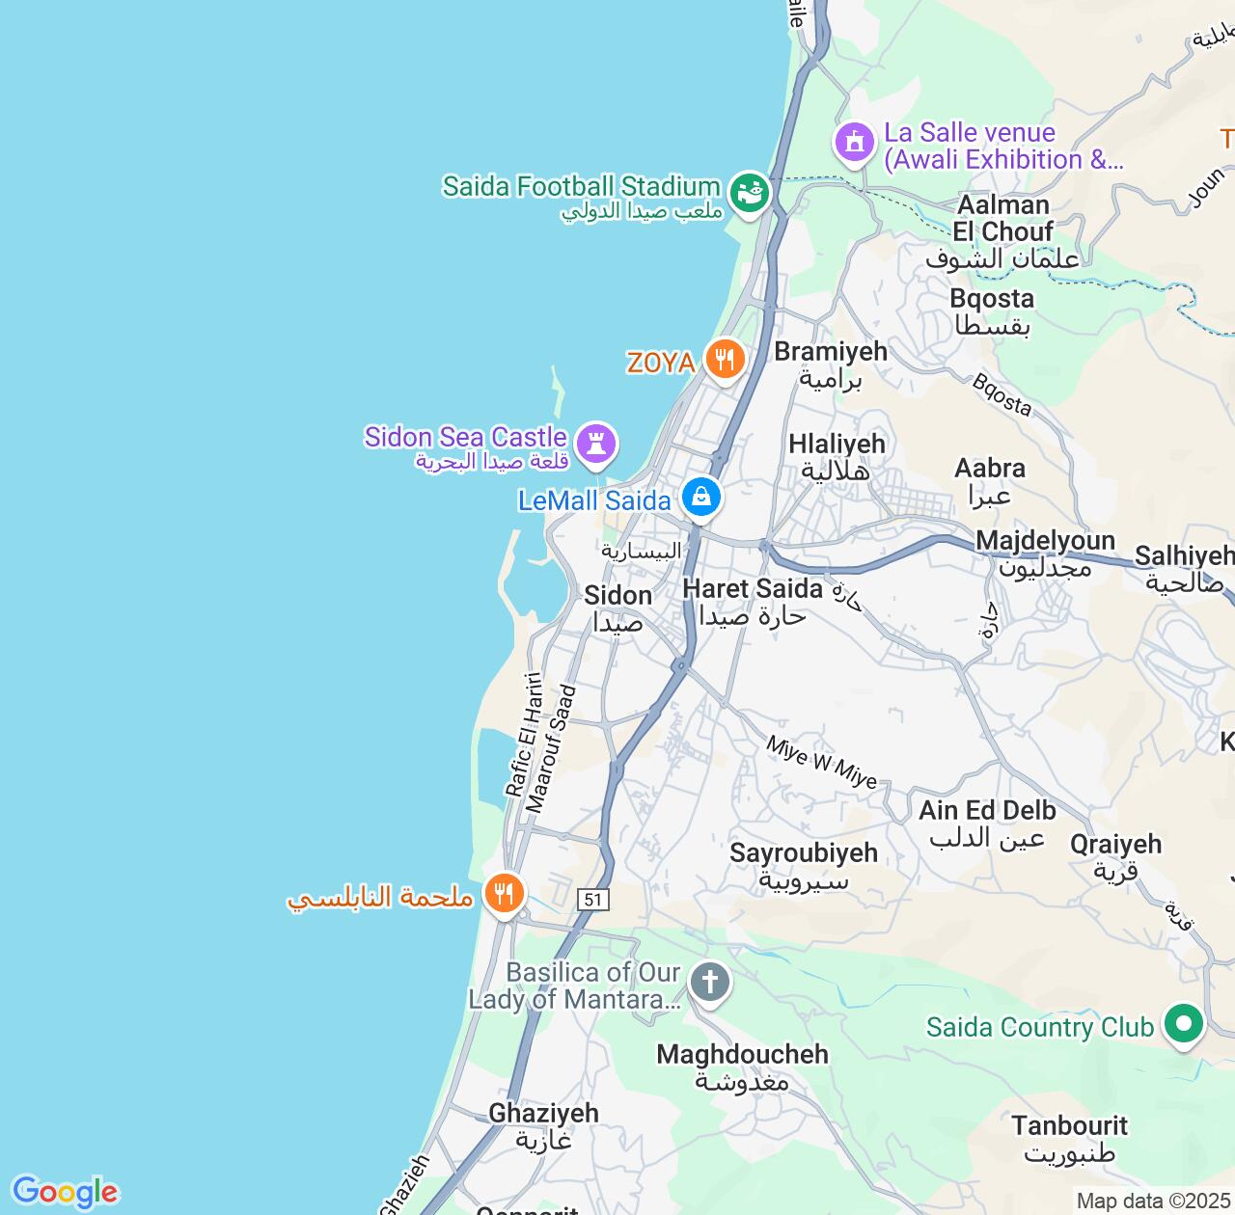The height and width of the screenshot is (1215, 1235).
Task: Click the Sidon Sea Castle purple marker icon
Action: tap(595, 444)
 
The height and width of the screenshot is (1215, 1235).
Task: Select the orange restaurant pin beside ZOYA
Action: tap(724, 360)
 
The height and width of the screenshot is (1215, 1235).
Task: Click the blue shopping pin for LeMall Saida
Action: tap(700, 498)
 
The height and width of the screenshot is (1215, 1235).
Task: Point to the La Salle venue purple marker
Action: tap(854, 143)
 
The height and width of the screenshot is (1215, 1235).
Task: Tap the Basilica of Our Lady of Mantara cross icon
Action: tap(709, 983)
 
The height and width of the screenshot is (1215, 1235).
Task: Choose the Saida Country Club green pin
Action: tap(1183, 1023)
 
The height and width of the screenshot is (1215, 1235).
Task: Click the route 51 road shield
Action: tap(592, 900)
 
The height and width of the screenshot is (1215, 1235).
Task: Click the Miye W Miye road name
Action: tap(822, 762)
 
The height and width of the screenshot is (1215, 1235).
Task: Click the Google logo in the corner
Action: tap(65, 1192)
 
